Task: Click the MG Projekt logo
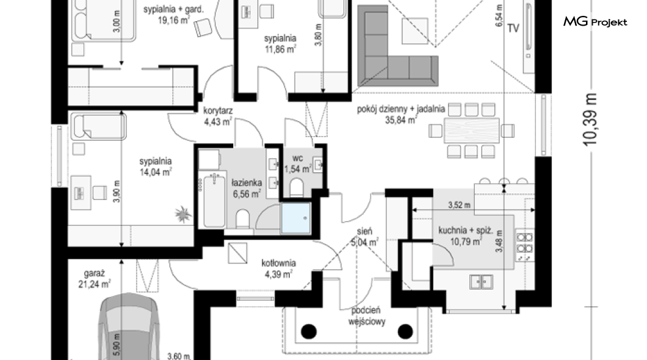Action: click(x=595, y=21)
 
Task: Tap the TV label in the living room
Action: click(x=513, y=28)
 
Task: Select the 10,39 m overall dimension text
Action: click(x=590, y=120)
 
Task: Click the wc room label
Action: click(x=297, y=158)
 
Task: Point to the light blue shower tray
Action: click(x=295, y=218)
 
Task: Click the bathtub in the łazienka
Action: click(x=214, y=200)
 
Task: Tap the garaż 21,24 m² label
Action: click(x=95, y=279)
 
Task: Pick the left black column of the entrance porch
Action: click(x=309, y=331)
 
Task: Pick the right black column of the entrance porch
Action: click(x=405, y=331)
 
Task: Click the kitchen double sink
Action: click(x=481, y=282)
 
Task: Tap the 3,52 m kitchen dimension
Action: click(x=459, y=205)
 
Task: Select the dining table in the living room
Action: click(x=472, y=131)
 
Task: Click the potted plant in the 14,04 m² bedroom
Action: click(x=183, y=214)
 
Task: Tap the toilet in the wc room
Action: click(x=297, y=188)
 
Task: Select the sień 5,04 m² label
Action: click(x=365, y=237)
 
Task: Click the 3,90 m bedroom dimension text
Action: click(x=117, y=191)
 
